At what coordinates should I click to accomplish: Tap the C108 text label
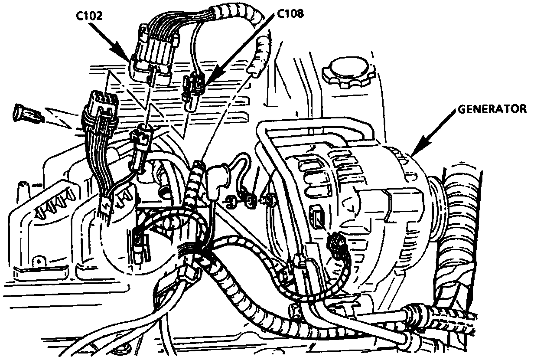click(x=290, y=13)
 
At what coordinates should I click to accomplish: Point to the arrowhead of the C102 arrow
click(x=128, y=60)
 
